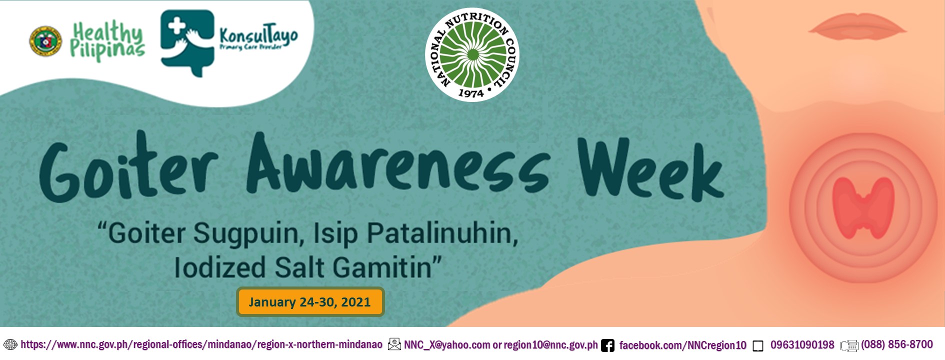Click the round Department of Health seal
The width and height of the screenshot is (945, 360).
[45, 41]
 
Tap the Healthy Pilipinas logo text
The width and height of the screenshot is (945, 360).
[107, 41]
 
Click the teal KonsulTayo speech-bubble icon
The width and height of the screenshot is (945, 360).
[186, 42]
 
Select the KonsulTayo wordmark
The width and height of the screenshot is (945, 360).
[258, 38]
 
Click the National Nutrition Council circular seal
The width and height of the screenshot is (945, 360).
[472, 54]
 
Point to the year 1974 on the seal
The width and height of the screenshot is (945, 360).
[470, 93]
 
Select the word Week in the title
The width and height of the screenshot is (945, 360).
[649, 170]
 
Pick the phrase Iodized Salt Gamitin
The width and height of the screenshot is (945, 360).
[307, 267]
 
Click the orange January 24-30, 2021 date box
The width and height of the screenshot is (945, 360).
[310, 302]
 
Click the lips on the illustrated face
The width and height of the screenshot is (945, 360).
[857, 25]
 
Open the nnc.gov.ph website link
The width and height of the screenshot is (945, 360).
[201, 344]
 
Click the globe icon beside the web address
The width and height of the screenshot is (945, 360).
[10, 344]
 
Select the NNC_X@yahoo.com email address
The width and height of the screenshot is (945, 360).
[447, 345]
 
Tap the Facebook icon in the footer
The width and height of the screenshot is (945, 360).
[607, 345]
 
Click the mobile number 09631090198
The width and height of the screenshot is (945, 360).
[802, 345]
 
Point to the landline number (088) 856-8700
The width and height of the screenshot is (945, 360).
[896, 344]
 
